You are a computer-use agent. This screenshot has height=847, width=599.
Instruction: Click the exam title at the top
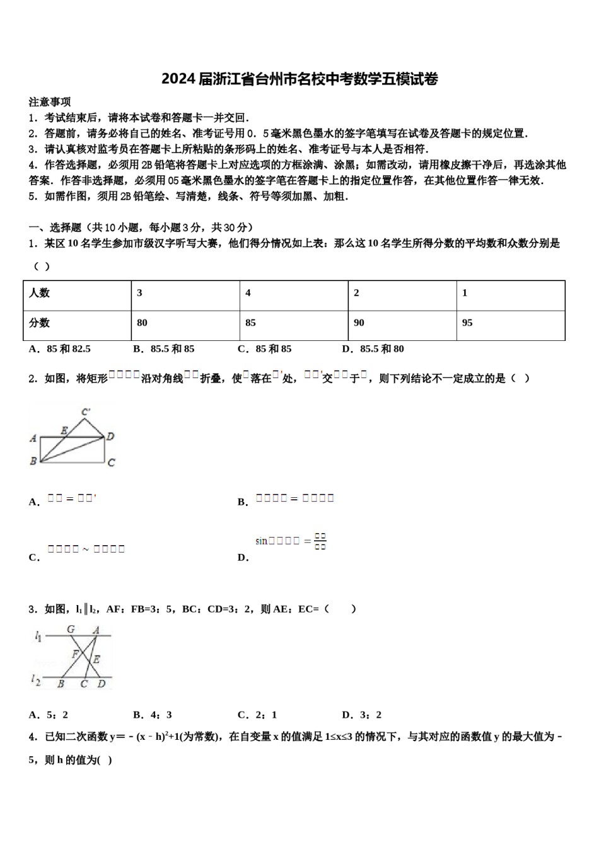[x=299, y=79]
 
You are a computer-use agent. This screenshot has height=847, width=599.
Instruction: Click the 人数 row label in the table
[x=39, y=293]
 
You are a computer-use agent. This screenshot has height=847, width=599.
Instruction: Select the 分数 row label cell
[x=39, y=323]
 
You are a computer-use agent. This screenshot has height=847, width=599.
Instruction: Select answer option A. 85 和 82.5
[x=60, y=349]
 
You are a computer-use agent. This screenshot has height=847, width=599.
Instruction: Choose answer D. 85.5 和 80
[x=373, y=349]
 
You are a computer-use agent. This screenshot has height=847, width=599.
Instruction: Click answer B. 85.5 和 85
[x=164, y=349]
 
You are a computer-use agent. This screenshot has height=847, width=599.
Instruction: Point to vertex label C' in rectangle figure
[x=86, y=412]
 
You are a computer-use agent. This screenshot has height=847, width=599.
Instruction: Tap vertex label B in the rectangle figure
[x=33, y=461]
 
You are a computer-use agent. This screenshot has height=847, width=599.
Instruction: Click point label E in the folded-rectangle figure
[x=64, y=430]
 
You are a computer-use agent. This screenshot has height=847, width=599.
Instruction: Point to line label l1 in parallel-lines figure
[x=38, y=637]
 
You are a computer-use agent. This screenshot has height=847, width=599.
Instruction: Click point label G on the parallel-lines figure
[x=71, y=629]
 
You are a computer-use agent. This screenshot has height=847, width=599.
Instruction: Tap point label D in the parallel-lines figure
[x=102, y=684]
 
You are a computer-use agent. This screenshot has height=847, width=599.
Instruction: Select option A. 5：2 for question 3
[x=49, y=715]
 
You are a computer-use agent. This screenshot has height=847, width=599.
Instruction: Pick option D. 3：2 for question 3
[x=362, y=715]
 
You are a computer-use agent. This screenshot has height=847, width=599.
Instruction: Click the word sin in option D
[x=262, y=541]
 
